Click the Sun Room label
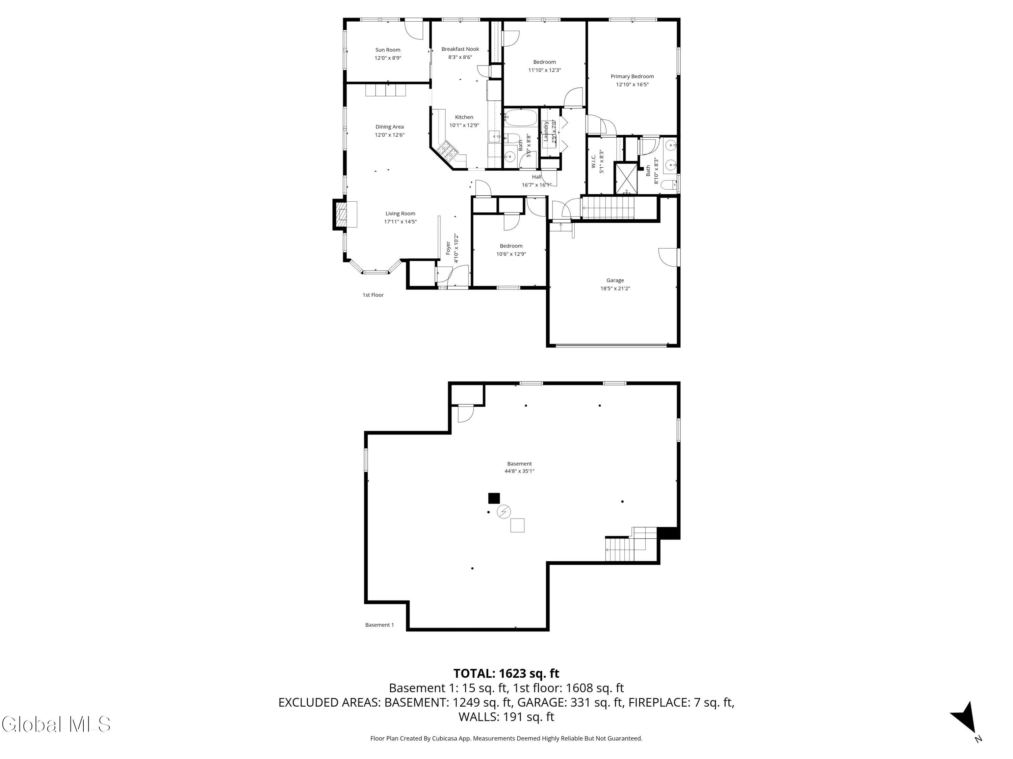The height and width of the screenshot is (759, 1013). pos(387,50)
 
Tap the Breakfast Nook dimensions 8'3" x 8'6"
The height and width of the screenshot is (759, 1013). pos(460,57)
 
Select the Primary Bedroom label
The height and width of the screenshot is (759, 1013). pos(632,76)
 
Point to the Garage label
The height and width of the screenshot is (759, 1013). pos(615,280)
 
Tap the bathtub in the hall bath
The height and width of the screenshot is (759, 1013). pos(521,118)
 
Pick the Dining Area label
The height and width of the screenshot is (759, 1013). pos(389,127)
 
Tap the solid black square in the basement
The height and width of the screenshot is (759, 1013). pos(494,498)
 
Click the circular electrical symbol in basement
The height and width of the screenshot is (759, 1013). pos(504,511)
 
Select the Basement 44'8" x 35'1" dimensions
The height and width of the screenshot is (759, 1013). pos(519,471)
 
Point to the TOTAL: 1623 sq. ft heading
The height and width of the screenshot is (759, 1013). pos(506,673)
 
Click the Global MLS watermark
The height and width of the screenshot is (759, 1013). pos(56,724)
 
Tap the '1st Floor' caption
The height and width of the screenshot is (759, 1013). pos(373,295)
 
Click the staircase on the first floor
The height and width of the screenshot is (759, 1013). pos(608,207)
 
